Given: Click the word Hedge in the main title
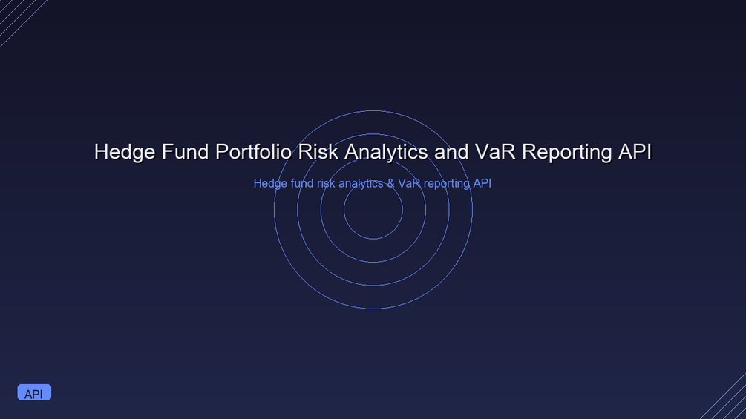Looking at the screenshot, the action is click(125, 152).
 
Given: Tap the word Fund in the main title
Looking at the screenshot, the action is click(186, 152).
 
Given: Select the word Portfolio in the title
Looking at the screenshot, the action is click(254, 152).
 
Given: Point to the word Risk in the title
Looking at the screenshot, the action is click(318, 152).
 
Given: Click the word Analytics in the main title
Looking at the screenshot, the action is click(386, 153).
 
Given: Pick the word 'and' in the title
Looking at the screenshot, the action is click(451, 152).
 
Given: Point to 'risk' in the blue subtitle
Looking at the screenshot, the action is click(326, 183).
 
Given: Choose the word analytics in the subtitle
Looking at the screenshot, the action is click(361, 184).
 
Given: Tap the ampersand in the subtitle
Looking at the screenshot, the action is click(390, 183).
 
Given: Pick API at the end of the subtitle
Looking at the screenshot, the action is click(482, 183).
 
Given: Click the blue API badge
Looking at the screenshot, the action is click(34, 392).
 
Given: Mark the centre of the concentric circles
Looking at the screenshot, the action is click(373, 209).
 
